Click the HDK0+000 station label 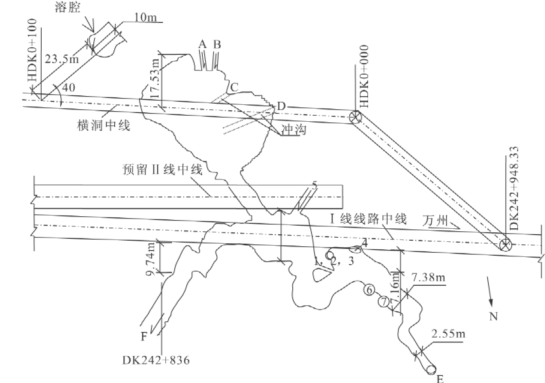click(x=363, y=76)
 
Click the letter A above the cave click(x=202, y=44)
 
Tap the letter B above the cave click(x=217, y=44)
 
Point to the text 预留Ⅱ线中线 click(x=162, y=170)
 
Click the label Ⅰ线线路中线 click(x=368, y=219)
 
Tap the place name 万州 click(x=435, y=221)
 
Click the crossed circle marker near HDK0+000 click(x=355, y=117)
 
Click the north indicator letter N click(x=493, y=317)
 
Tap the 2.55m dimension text click(x=448, y=333)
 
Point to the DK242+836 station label click(x=156, y=360)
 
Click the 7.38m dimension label click(x=428, y=278)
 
